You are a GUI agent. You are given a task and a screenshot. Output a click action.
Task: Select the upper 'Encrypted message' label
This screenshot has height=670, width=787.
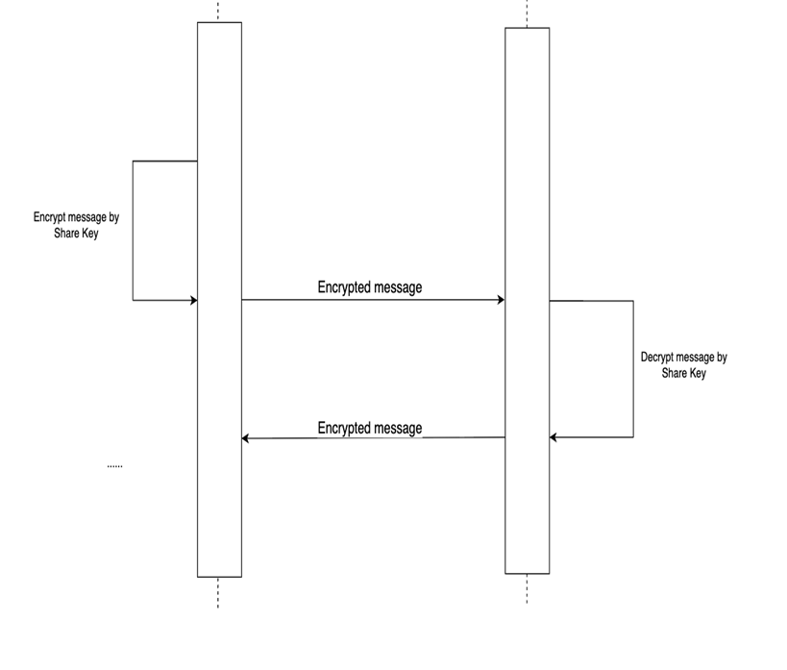click(x=370, y=286)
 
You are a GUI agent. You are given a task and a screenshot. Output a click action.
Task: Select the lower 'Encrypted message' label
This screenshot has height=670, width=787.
click(x=370, y=428)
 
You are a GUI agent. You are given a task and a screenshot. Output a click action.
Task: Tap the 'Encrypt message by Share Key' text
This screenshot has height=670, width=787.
click(x=76, y=225)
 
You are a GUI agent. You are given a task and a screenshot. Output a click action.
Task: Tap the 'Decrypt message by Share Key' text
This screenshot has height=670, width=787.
click(x=683, y=364)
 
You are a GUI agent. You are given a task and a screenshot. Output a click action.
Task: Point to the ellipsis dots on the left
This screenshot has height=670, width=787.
click(x=114, y=466)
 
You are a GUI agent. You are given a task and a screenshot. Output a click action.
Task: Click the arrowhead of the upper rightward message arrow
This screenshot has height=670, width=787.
click(x=500, y=300)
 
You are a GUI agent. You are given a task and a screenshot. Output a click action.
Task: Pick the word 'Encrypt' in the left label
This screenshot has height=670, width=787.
click(x=50, y=218)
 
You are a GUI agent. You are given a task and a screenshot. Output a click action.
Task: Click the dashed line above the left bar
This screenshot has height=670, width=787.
click(x=218, y=11)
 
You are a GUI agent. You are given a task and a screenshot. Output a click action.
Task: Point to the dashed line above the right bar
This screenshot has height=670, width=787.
click(x=527, y=13)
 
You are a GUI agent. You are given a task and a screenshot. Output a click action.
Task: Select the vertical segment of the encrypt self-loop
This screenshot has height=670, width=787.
click(x=133, y=231)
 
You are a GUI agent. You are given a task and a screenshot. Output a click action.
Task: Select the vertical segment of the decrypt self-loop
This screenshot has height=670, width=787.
click(x=633, y=369)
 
